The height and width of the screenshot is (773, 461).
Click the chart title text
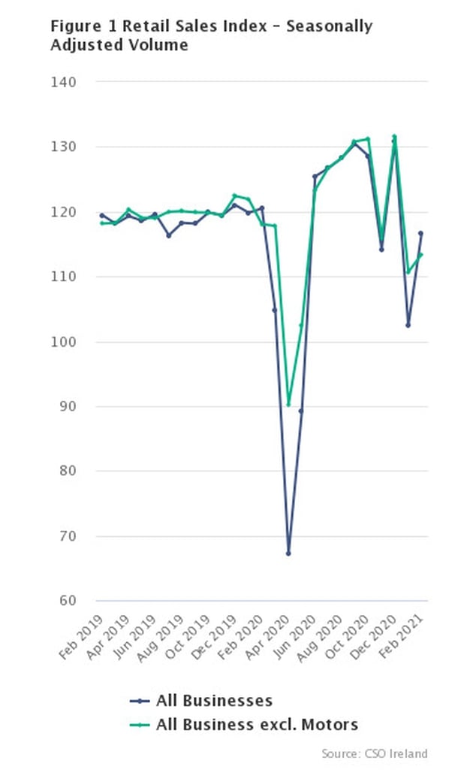pyautogui.click(x=211, y=35)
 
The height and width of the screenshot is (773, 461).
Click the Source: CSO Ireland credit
pyautogui.click(x=375, y=753)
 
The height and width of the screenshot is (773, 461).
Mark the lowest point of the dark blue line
pyautogui.click(x=288, y=553)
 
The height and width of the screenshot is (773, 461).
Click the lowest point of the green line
pyautogui.click(x=288, y=405)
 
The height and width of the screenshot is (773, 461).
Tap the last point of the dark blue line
pyautogui.click(x=420, y=233)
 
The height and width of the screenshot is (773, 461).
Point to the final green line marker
pyautogui.click(x=420, y=255)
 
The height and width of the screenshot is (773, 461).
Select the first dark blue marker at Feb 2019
pyautogui.click(x=101, y=216)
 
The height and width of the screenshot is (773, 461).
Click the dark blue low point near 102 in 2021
pyautogui.click(x=408, y=326)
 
